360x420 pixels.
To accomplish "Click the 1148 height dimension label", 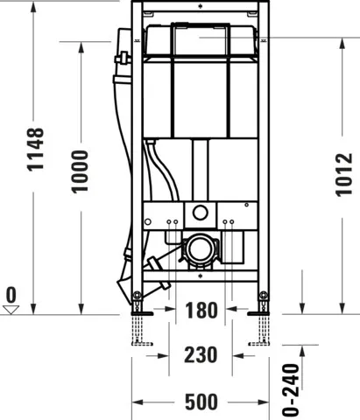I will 36,161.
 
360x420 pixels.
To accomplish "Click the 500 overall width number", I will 201,403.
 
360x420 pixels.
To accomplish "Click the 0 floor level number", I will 11,294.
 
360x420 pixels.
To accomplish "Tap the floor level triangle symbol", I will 11,309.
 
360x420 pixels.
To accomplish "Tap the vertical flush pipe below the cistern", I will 200,171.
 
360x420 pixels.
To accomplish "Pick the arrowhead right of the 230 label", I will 240,355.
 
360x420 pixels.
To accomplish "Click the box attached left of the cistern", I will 123,53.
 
